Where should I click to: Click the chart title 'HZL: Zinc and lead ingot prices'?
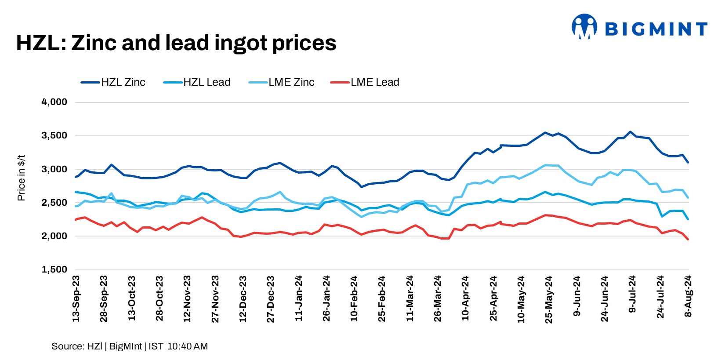(x=176, y=43)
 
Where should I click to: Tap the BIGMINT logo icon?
(x=584, y=27)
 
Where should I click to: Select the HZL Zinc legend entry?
(x=113, y=82)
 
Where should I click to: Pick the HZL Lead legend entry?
(x=197, y=82)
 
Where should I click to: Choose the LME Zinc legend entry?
(x=282, y=82)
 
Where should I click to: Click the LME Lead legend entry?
(x=365, y=82)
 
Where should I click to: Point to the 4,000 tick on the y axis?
(x=54, y=102)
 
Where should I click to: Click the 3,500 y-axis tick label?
(x=54, y=135)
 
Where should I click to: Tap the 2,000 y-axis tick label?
(x=54, y=236)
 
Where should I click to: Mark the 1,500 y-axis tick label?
(x=54, y=269)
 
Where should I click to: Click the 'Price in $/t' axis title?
(x=21, y=178)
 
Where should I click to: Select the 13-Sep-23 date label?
(x=76, y=298)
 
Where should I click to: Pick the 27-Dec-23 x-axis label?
(x=271, y=299)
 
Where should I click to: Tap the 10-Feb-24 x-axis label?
(x=354, y=298)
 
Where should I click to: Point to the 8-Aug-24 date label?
(x=688, y=296)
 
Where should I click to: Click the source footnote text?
(x=130, y=346)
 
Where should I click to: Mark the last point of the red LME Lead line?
(x=688, y=240)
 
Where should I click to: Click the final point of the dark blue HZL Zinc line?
(x=688, y=163)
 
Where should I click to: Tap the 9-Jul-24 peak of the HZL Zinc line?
(x=631, y=132)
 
